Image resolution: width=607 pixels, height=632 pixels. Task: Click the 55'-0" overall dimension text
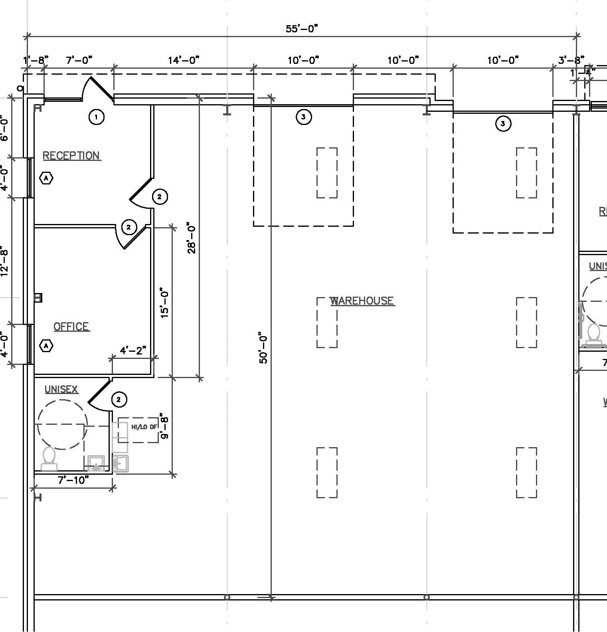point(302,29)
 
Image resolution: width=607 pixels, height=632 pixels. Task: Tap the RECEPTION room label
point(71,155)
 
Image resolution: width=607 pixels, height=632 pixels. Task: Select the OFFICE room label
point(71,327)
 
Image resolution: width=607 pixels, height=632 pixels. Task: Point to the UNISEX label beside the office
point(61,389)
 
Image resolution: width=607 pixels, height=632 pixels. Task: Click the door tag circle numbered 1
point(96,117)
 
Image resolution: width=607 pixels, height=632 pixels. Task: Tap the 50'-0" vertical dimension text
point(263,347)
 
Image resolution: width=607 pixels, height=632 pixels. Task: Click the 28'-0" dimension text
point(192,239)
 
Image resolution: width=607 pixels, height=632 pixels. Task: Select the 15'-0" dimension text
point(164,303)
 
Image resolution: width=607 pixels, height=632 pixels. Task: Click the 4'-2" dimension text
point(133,351)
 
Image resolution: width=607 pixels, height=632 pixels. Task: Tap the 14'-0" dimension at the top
point(183,60)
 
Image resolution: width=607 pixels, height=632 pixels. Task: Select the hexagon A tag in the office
point(47,345)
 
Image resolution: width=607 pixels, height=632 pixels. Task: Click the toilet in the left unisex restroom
point(49,459)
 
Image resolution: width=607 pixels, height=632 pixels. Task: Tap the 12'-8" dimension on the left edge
point(4,262)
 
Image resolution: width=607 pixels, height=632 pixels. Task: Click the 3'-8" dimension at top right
point(571,60)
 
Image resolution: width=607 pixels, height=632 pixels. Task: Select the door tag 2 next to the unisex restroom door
point(119,399)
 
